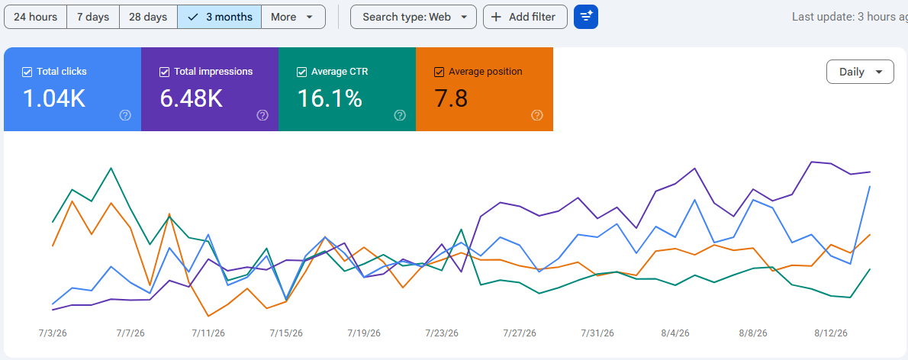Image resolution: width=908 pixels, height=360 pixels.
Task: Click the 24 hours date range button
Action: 35,17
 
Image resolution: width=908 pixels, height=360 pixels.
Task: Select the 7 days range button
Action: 93,17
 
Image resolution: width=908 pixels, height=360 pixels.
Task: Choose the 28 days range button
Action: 148,17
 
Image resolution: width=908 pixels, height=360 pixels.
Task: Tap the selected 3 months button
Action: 220,17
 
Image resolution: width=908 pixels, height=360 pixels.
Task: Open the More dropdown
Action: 293,17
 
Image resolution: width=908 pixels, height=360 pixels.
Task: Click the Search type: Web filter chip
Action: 414,17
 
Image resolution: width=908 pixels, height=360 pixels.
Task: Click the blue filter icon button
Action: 585,17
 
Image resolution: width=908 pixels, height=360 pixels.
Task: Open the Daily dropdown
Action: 860,72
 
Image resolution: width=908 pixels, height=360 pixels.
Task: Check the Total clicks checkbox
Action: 27,72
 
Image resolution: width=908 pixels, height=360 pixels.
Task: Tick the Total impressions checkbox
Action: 165,72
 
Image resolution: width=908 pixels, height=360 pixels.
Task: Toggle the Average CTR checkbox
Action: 301,72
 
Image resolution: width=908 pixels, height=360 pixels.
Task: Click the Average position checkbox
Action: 439,72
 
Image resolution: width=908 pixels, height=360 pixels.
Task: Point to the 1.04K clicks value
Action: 54,98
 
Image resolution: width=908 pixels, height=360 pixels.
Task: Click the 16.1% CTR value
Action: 330,98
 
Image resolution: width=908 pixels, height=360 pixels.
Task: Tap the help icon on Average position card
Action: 537,115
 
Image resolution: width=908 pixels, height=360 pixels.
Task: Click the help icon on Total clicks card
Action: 125,115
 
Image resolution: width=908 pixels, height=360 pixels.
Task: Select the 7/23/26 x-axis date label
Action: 442,333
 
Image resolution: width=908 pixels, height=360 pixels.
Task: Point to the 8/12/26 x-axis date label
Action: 831,333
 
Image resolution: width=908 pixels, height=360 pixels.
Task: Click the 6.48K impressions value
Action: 191,98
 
